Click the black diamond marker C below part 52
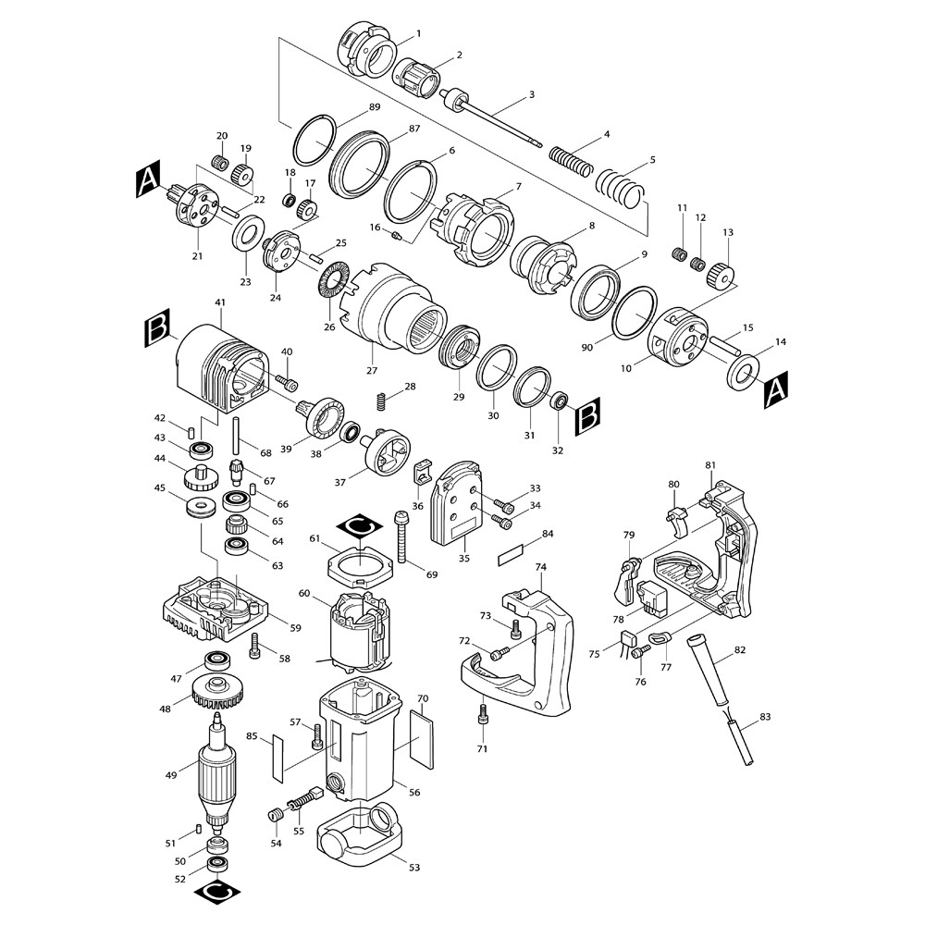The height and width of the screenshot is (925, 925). pyautogui.click(x=217, y=894)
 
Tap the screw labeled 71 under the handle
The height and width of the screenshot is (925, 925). pyautogui.click(x=482, y=713)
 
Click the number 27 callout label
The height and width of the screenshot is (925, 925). pyautogui.click(x=372, y=371)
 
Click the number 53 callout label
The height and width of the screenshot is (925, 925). pyautogui.click(x=413, y=869)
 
